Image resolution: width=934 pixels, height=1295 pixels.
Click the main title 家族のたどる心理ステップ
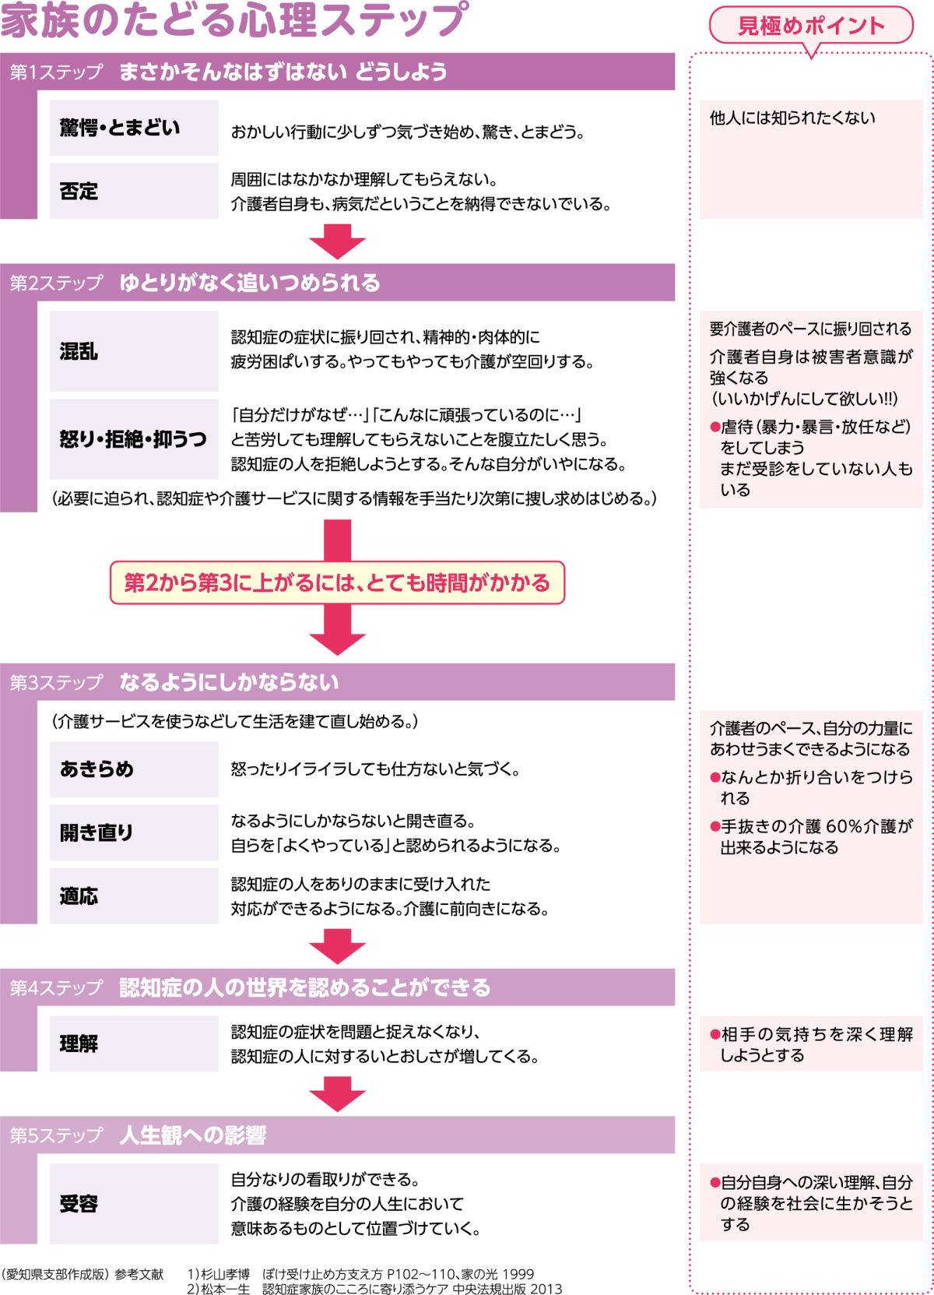pyautogui.click(x=233, y=20)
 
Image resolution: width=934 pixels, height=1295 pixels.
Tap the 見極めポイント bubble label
pyautogui.click(x=810, y=26)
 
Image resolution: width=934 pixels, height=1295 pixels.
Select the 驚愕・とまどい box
pyautogui.click(x=134, y=128)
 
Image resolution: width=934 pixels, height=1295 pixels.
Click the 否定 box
pyautogui.click(x=134, y=191)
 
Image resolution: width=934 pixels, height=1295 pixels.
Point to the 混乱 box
pyautogui.click(x=134, y=351)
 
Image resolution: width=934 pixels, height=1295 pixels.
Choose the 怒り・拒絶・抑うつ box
pyautogui.click(x=134, y=439)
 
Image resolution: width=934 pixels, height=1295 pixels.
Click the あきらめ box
pyautogui.click(x=134, y=769)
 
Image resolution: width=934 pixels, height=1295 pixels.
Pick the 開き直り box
pyautogui.click(x=134, y=832)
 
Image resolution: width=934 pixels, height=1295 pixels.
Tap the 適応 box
pyautogui.click(x=134, y=896)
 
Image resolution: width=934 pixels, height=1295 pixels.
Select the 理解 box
pyautogui.click(x=134, y=1043)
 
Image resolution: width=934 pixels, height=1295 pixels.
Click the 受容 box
pyautogui.click(x=134, y=1203)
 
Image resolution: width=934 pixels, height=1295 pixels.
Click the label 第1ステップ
pyautogui.click(x=56, y=72)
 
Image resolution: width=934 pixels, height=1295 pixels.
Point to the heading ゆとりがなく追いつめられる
pyautogui.click(x=249, y=283)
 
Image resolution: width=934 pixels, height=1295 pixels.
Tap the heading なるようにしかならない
pyautogui.click(x=229, y=683)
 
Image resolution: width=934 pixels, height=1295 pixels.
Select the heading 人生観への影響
pyautogui.click(x=192, y=1135)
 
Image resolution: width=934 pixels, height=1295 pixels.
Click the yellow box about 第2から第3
pyautogui.click(x=337, y=582)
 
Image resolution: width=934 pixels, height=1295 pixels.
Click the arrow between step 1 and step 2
pyautogui.click(x=337, y=241)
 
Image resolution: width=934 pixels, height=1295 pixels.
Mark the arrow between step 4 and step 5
pyautogui.click(x=337, y=1094)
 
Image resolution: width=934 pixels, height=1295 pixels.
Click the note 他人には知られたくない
pyautogui.click(x=792, y=118)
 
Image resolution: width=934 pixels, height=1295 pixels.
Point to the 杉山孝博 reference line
pyautogui.click(x=360, y=1274)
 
